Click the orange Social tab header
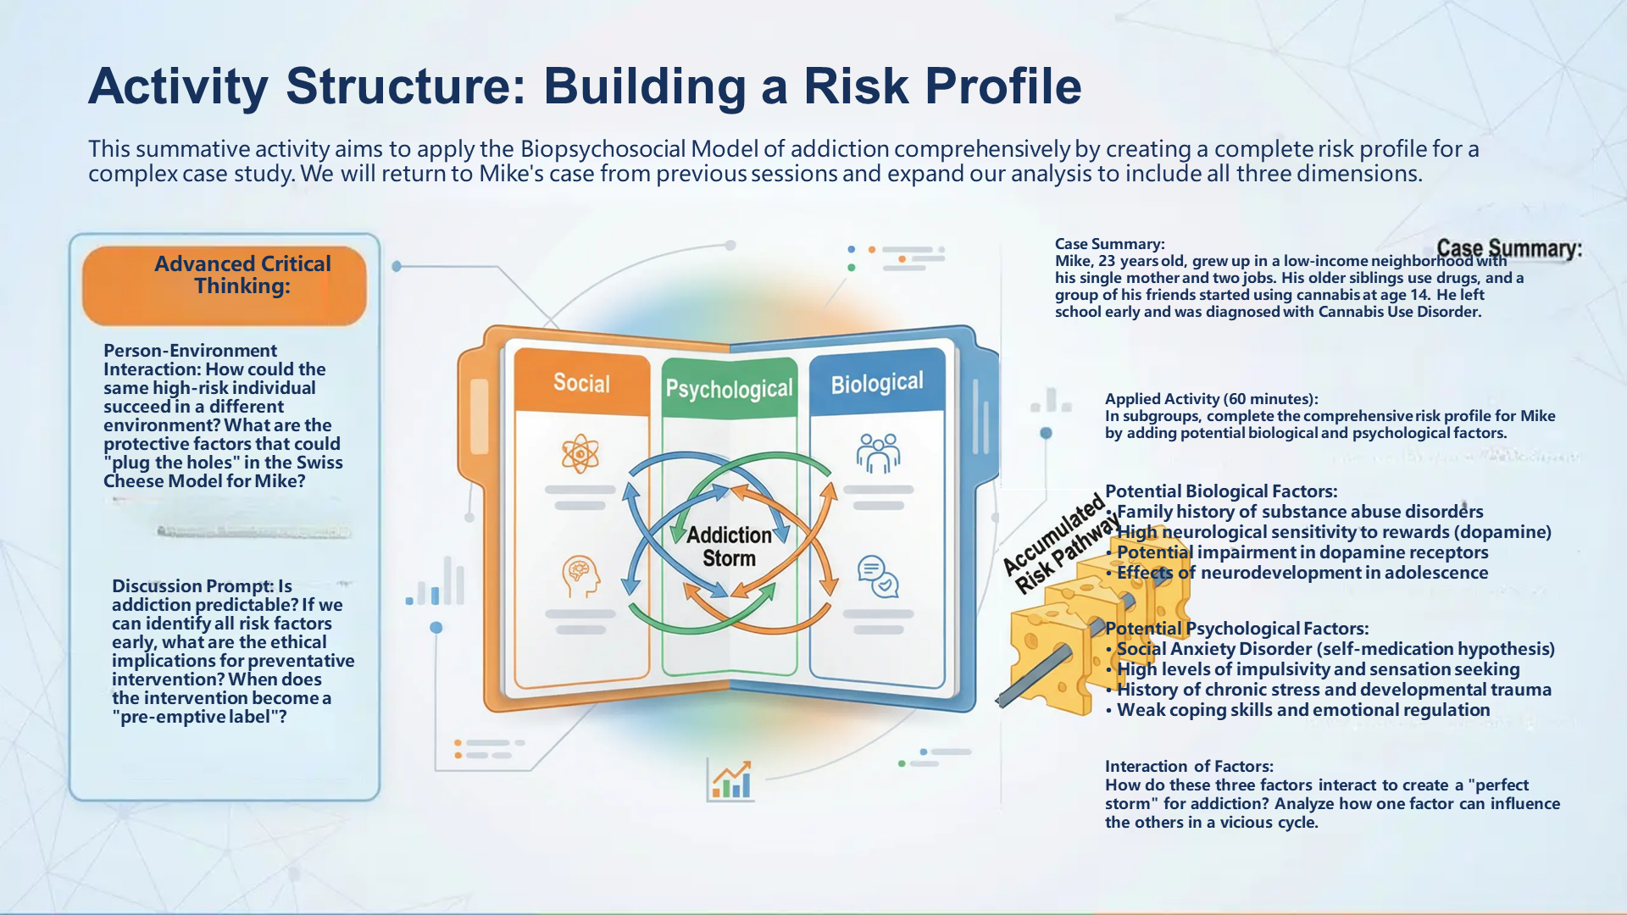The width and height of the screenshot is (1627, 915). coord(581,383)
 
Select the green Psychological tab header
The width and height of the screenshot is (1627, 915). coord(729,389)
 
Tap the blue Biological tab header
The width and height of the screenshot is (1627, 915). coord(877,384)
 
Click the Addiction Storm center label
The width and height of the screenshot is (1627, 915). coord(729,546)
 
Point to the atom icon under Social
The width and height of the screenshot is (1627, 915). coord(580,454)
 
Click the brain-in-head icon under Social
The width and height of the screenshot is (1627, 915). coord(580,576)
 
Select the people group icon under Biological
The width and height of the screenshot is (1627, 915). coord(878,453)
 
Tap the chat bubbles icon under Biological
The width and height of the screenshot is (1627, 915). coord(878,577)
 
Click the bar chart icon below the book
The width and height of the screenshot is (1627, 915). coord(730,780)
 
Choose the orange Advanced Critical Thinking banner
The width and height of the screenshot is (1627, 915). coord(225,285)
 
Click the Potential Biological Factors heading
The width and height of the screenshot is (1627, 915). coord(1221,491)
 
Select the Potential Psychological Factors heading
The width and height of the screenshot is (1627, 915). coord(1237,629)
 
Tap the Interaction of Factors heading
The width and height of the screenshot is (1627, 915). coord(1189,766)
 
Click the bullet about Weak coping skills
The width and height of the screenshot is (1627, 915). coord(1302,710)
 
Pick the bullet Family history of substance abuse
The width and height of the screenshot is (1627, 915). coord(1299,512)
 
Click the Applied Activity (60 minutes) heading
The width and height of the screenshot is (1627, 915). coord(1211,399)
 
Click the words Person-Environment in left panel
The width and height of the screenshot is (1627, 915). coord(190,351)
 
